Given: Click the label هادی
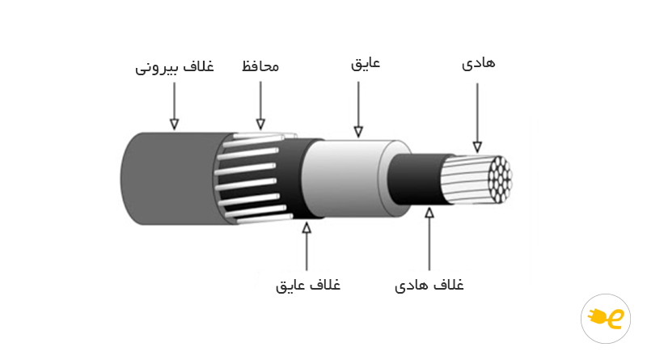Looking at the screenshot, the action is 478,64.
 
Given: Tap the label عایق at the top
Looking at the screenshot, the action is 366,64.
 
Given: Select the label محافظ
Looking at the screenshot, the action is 260,66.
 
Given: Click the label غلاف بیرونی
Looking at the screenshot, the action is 175,67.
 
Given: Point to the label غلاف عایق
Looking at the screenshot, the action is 308,286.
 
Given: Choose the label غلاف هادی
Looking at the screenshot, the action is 429,286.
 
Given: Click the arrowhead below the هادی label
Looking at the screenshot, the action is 477,146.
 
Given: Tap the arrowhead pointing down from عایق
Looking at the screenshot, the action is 358,132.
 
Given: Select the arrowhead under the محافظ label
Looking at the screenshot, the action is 260,124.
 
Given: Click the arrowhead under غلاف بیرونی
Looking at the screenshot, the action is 174,124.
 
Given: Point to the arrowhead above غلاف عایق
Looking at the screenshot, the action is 307,227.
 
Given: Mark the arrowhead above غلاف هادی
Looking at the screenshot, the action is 429,213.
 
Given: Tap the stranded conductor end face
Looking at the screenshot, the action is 500,180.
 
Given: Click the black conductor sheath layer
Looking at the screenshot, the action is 417,180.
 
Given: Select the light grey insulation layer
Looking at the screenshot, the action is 351,178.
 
